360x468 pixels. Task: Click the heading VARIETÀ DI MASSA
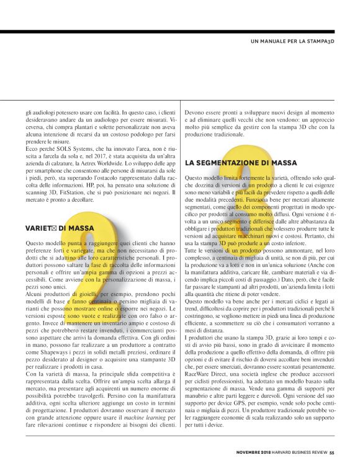click(x=60, y=228)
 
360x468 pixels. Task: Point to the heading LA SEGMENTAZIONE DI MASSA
click(x=241, y=163)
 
